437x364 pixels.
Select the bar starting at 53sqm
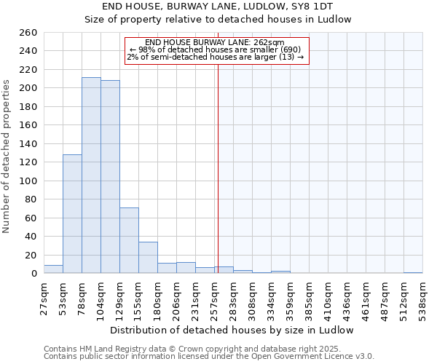click(72, 214)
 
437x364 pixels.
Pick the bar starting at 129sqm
click(129, 240)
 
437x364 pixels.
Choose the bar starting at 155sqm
click(148, 258)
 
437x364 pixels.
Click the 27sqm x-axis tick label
click(44, 297)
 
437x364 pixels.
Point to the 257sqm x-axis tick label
click(215, 297)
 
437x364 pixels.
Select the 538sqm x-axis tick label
click(423, 297)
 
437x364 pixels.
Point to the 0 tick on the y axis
click(34, 274)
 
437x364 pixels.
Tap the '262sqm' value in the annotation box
click(269, 43)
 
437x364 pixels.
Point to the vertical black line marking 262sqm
click(218, 167)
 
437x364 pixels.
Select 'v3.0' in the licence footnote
click(363, 356)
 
